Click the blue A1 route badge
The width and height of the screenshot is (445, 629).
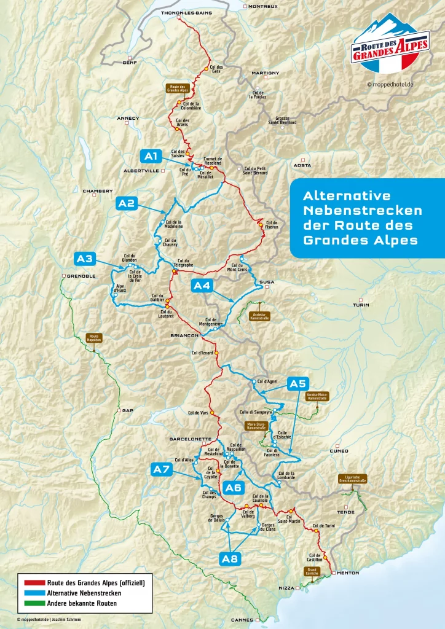coord(151,155)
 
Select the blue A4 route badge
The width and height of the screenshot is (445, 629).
coord(202,285)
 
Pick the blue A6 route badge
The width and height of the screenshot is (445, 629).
coord(234,488)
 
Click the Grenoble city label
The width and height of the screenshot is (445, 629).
coord(81,276)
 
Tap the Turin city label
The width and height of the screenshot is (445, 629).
coord(361,305)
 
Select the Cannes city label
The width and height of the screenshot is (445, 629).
coord(242,620)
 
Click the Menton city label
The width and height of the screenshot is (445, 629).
coord(347,573)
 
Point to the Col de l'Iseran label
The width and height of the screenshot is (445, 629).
coord(272,224)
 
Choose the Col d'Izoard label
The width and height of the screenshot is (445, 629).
coord(202,353)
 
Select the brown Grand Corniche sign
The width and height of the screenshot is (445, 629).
coord(312,571)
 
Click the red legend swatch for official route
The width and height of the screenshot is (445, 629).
coord(31,583)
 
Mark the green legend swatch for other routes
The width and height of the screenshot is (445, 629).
coord(31,603)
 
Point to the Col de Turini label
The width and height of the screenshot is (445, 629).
coord(324,526)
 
